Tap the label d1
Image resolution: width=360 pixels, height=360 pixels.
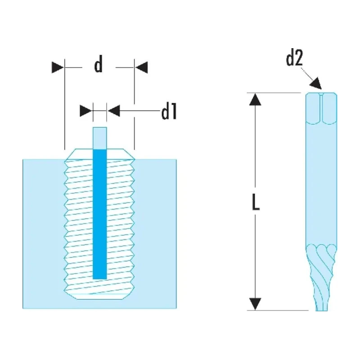coord(169,111)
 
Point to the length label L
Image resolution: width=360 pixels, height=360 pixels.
coord(256,202)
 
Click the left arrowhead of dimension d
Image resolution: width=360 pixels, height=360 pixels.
coord(58,67)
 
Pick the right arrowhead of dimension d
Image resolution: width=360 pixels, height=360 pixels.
coord(141,67)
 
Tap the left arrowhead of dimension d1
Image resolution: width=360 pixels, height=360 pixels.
coord(86,111)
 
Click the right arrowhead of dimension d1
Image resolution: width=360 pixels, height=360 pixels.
coord(114,111)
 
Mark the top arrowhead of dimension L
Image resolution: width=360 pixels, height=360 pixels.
coord(255,99)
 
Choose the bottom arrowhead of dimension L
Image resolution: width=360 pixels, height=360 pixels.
coord(255,304)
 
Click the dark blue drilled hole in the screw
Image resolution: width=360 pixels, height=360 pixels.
coord(100,214)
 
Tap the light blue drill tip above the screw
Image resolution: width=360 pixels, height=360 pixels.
coord(100,138)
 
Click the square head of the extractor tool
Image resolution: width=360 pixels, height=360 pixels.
coord(321,108)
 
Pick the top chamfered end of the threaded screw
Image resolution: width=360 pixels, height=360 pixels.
coord(99,154)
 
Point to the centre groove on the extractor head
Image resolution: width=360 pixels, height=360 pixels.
coord(321,108)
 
